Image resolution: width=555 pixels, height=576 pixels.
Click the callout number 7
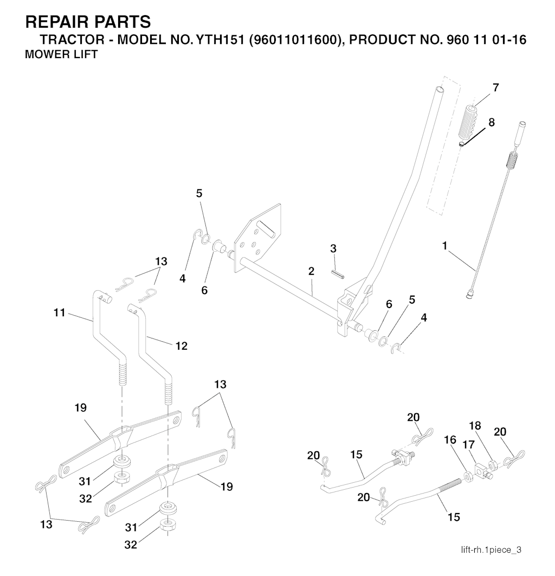pos(495,87)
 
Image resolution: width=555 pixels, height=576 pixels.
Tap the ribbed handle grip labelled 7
pos(468,121)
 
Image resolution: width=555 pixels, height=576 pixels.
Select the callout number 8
pos(492,122)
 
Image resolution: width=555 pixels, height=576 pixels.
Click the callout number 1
pos(444,246)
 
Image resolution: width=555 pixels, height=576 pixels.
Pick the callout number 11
pos(60,312)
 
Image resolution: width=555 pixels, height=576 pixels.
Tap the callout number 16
pos(450,440)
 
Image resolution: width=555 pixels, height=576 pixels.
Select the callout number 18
pos(475,426)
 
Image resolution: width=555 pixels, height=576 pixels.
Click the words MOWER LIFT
pos(61,55)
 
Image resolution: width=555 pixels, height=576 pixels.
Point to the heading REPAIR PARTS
pos(88,22)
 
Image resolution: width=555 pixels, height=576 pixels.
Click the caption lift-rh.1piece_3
pos(491,550)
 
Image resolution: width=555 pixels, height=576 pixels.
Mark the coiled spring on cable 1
pos(511,161)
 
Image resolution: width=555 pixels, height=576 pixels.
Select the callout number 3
pos(333,248)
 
